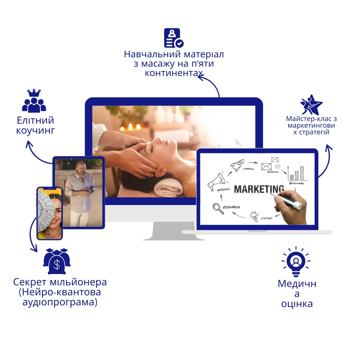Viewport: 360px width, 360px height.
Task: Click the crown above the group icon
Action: pos(34,93)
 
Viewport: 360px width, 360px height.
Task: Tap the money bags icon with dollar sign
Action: pos(57,261)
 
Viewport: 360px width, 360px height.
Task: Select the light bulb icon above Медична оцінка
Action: pos(296,262)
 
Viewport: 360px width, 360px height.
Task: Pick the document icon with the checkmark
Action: pos(174,38)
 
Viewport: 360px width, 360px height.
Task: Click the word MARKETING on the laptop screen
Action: pos(259,189)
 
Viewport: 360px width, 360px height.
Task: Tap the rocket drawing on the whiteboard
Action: pos(237,165)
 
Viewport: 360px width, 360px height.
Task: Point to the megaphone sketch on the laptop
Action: pos(217,182)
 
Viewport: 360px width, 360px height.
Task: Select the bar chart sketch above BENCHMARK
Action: pos(297,174)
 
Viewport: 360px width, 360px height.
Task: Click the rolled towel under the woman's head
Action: pos(168,187)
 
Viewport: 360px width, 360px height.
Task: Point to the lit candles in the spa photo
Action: pos(130,127)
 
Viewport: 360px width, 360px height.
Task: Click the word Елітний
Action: pos(35,120)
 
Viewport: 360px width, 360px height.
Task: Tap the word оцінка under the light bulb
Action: pos(297,304)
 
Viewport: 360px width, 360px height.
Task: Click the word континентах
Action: pos(174,73)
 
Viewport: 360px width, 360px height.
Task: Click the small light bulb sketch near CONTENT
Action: pos(254,216)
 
